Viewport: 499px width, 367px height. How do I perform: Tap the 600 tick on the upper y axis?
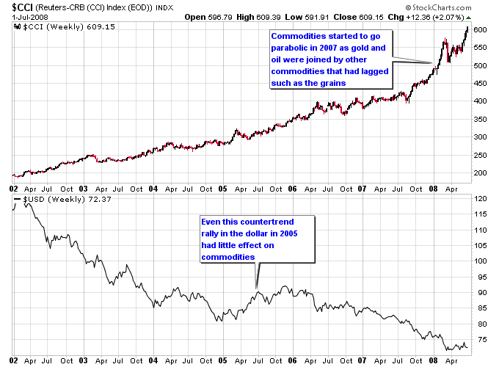pyautogui.click(x=479, y=29)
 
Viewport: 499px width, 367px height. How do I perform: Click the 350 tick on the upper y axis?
pyautogui.click(x=479, y=119)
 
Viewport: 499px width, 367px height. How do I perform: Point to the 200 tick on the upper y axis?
pyautogui.click(x=479, y=172)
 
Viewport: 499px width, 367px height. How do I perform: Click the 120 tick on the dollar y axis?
pyautogui.click(x=479, y=199)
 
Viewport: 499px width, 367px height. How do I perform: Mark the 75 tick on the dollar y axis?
pyautogui.click(x=479, y=339)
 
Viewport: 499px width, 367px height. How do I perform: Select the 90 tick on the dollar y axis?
pyautogui.click(x=479, y=292)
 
